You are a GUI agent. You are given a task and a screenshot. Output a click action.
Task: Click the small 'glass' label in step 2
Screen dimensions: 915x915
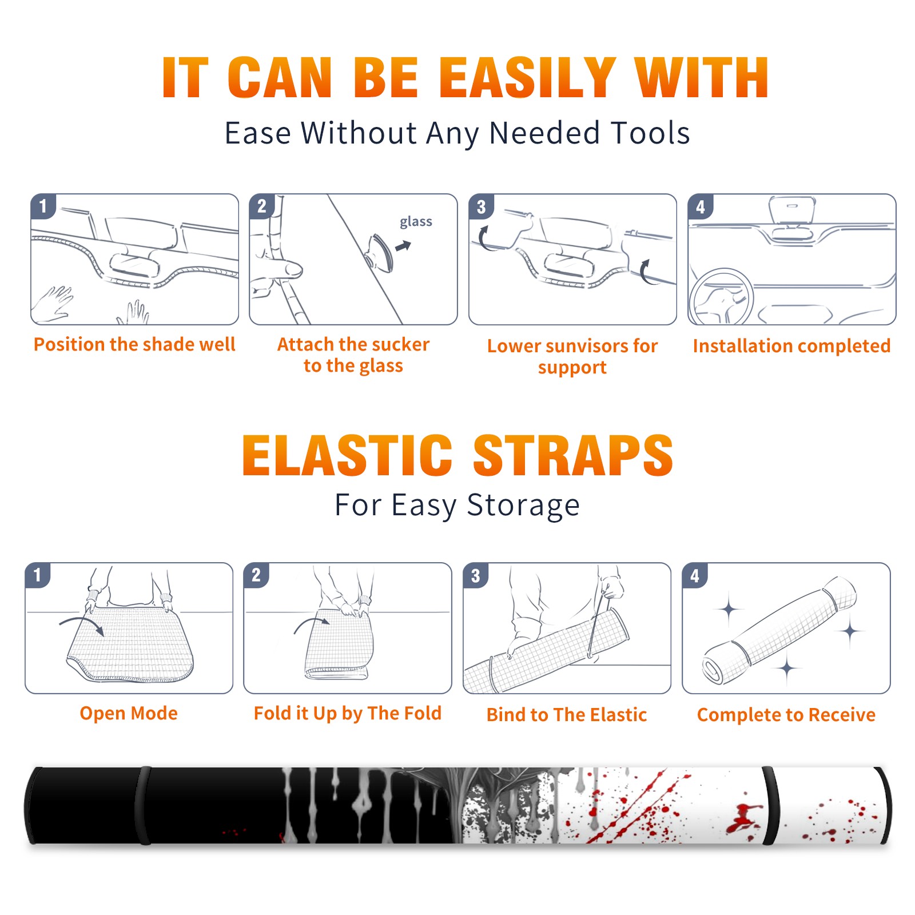pos(416,222)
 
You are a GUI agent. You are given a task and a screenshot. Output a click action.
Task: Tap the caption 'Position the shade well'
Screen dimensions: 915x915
pos(134,344)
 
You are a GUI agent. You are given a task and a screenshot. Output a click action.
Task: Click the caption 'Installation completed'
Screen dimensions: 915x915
pos(791,345)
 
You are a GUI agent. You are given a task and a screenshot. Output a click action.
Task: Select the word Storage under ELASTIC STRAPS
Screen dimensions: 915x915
pos(523,506)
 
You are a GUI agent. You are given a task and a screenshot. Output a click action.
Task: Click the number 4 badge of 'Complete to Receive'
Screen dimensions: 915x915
pos(695,575)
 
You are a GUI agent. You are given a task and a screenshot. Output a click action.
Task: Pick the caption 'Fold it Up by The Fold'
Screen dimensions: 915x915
pos(348,713)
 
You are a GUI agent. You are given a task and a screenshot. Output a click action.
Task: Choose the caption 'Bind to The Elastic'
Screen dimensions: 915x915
pos(567,715)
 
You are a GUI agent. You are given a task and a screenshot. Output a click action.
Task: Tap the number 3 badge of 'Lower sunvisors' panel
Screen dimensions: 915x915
pos(481,206)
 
